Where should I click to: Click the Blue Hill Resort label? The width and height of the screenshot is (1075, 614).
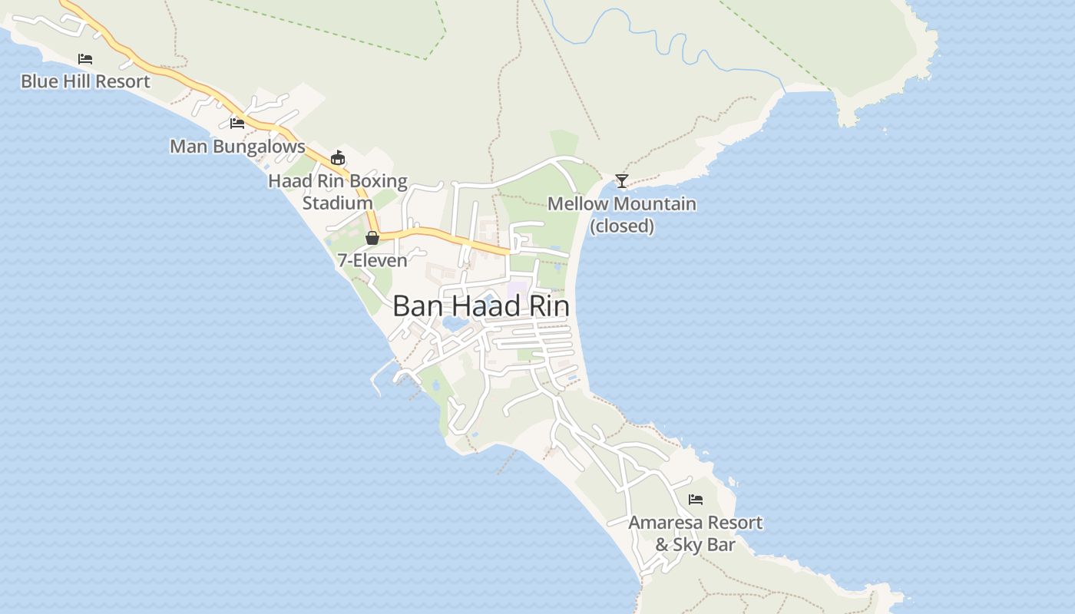click(85, 81)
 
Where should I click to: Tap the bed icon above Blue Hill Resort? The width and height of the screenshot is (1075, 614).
click(85, 58)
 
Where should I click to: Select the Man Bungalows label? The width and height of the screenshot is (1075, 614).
click(237, 147)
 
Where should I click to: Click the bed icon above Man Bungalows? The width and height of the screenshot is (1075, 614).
click(237, 123)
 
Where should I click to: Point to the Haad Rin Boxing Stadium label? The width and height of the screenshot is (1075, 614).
click(338, 192)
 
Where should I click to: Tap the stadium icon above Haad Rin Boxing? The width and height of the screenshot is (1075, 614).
click(337, 158)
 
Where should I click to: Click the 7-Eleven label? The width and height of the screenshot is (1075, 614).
click(372, 261)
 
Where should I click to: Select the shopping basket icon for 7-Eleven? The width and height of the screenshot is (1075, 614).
click(372, 238)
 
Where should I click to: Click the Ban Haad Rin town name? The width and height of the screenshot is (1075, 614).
click(481, 306)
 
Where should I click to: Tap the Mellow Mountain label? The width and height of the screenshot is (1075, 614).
click(622, 204)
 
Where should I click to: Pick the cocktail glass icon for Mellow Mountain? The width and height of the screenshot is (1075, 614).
click(622, 181)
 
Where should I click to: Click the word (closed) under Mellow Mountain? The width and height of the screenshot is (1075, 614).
click(622, 226)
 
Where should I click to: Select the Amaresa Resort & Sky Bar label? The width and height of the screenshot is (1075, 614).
click(696, 533)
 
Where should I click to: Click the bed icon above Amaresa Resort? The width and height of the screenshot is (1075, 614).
click(696, 500)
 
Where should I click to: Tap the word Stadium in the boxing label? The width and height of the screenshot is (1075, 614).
click(338, 203)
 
